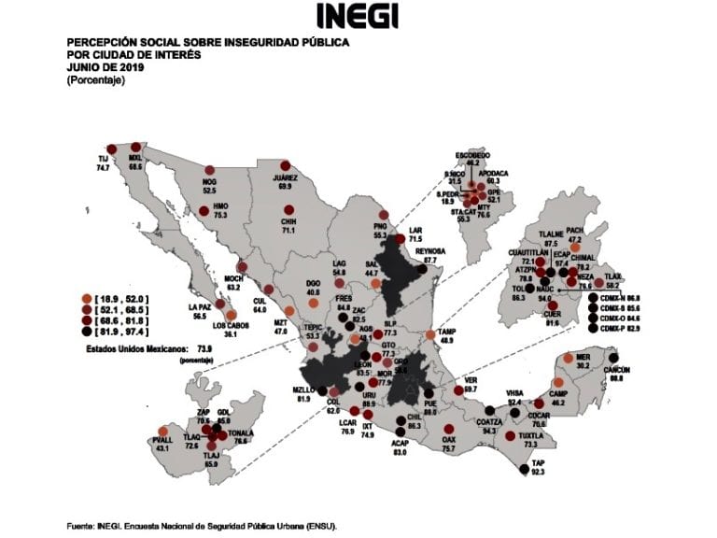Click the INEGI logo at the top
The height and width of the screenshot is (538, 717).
click(x=358, y=16)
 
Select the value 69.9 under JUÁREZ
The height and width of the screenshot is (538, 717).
click(x=285, y=187)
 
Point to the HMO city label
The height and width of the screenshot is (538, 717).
click(x=221, y=205)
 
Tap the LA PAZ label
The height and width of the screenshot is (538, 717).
click(x=200, y=307)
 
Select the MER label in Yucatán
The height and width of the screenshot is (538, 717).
click(x=583, y=357)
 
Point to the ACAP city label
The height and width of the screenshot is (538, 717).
click(x=400, y=444)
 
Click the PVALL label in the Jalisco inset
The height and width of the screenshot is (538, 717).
click(x=162, y=440)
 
